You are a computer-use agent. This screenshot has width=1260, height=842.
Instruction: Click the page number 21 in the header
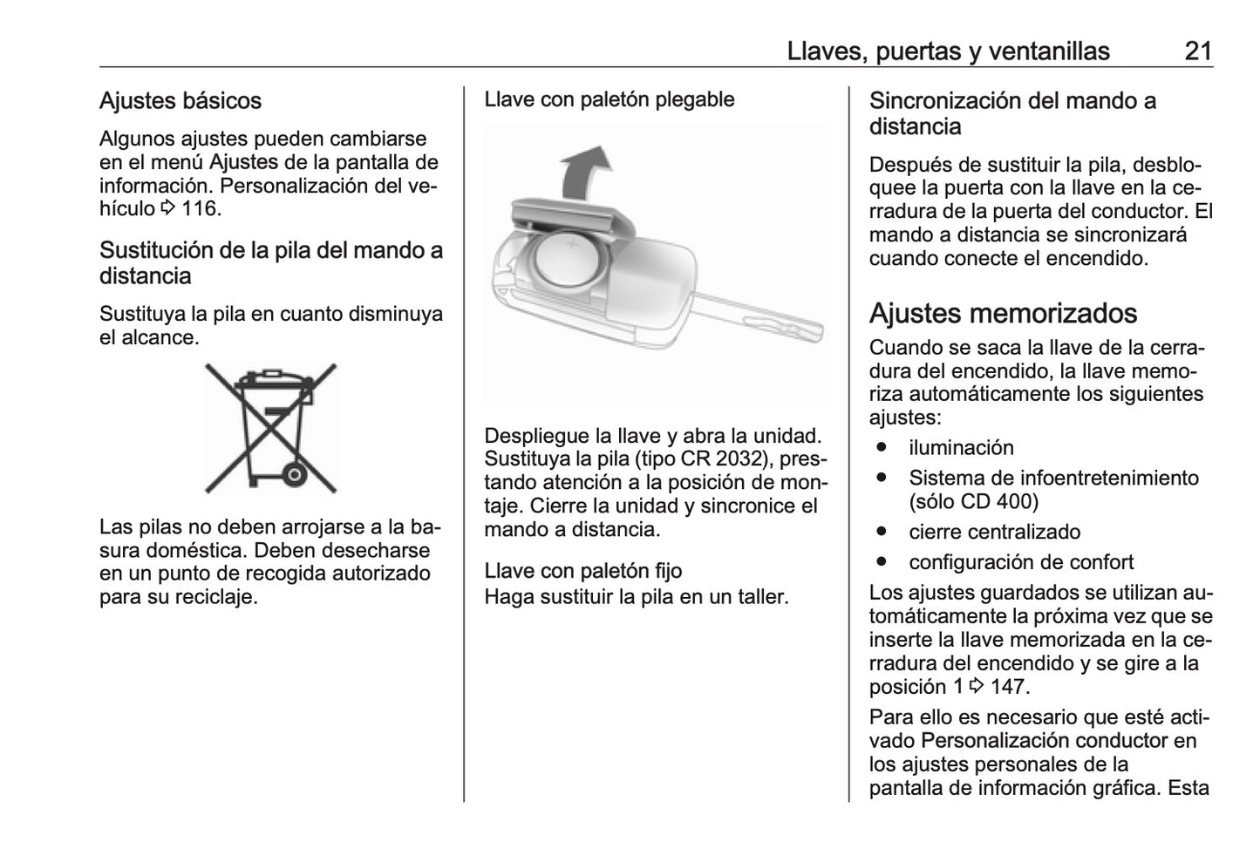(1198, 51)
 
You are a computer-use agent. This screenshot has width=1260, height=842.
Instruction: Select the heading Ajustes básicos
(180, 101)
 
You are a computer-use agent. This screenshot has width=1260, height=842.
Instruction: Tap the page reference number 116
(201, 209)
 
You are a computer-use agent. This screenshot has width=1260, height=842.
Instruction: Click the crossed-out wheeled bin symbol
(270, 428)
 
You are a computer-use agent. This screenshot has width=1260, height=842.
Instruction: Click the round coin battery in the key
(571, 266)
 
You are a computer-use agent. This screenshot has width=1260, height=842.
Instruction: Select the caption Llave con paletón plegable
(609, 99)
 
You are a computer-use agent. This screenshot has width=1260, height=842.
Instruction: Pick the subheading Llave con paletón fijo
(582, 571)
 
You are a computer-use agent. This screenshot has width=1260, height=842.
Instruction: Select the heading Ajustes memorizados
(1003, 313)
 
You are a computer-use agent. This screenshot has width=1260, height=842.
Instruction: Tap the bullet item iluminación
(961, 448)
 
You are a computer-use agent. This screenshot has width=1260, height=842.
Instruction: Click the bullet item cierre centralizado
(994, 532)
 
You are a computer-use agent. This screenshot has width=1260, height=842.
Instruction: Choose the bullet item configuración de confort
(1021, 562)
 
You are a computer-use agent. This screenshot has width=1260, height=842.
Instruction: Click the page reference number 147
(1008, 687)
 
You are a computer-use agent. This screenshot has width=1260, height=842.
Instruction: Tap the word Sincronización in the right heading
(945, 101)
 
